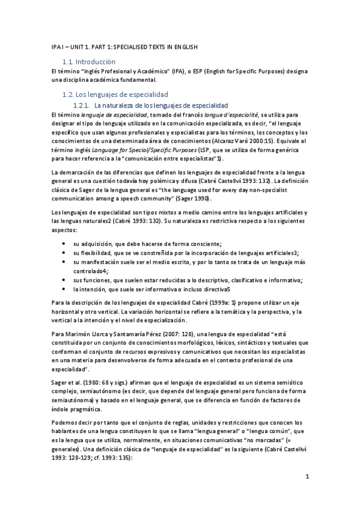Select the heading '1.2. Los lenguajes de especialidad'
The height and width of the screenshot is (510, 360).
[116, 94]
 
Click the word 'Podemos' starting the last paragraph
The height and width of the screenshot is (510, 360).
[65, 423]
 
